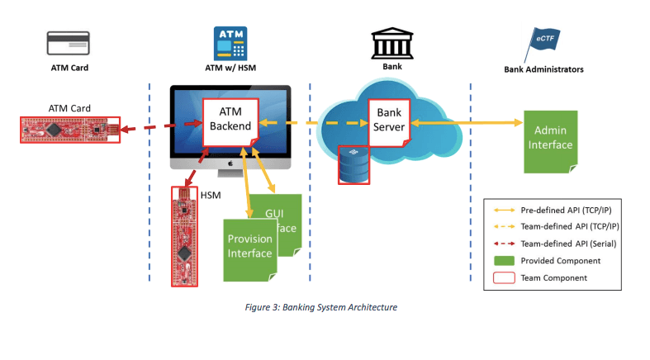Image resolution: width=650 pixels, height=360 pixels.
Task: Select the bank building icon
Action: tap(389, 41)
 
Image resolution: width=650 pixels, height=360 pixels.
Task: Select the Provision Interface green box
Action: tap(249, 246)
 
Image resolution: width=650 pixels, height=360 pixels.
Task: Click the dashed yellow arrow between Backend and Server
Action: tap(314, 123)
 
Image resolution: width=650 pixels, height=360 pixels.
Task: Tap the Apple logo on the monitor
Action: tap(230, 163)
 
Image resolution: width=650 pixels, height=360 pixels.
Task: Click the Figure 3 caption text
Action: tap(321, 307)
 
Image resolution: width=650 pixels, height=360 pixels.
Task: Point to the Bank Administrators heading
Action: tap(543, 69)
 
